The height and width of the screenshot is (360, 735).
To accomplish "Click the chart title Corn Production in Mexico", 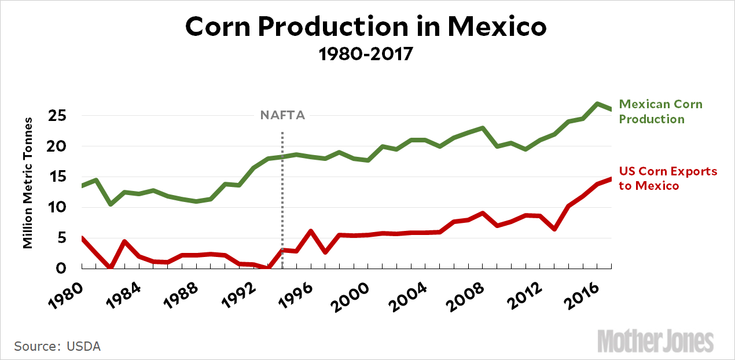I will [366, 27].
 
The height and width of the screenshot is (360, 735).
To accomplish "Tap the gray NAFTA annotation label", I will [282, 115].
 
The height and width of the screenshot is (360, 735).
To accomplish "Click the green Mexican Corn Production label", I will [660, 112].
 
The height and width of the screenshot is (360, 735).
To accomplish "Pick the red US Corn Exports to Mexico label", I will [668, 178].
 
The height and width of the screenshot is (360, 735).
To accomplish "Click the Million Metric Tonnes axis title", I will [28, 181].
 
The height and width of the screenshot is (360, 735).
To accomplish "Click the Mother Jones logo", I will [655, 340].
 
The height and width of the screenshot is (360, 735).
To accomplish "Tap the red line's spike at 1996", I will [311, 231].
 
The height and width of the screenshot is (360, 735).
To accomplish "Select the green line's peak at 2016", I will [597, 104].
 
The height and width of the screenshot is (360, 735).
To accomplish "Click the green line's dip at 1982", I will [110, 204].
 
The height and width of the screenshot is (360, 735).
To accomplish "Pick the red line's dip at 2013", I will [554, 229].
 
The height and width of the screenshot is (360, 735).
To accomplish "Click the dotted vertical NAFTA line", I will [282, 197].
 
